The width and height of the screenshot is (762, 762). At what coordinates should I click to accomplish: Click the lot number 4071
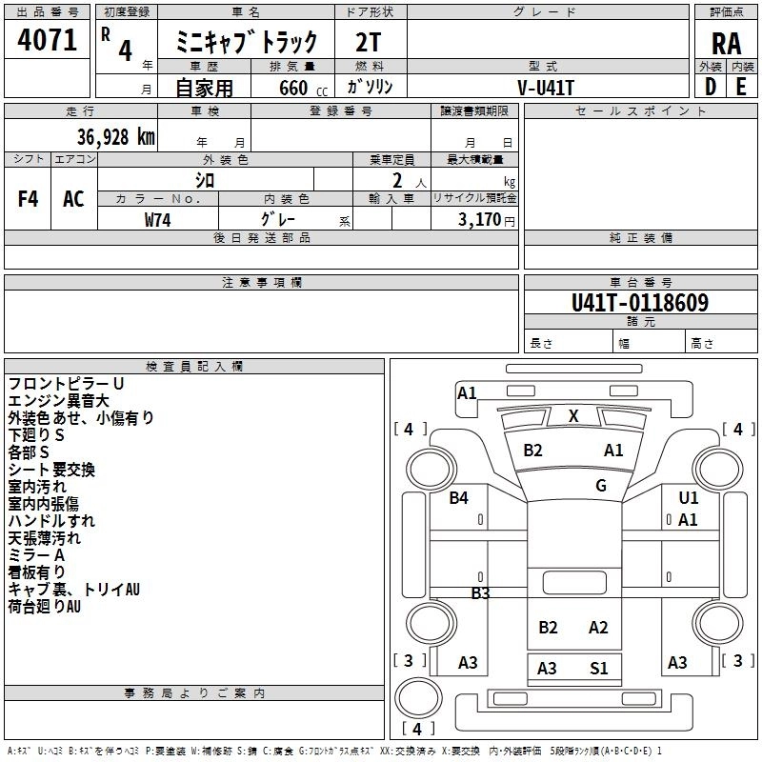[47, 40]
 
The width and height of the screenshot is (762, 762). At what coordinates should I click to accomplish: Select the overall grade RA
[727, 44]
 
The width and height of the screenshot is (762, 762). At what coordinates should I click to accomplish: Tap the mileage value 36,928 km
[115, 137]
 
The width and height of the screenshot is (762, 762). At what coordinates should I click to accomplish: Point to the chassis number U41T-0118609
[640, 303]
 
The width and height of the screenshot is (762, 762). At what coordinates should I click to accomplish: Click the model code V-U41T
[546, 88]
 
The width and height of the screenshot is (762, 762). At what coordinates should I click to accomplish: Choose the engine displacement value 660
[293, 88]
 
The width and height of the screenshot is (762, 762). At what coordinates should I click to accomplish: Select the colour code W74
[157, 220]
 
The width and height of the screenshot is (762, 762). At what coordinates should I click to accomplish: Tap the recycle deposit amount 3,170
[479, 220]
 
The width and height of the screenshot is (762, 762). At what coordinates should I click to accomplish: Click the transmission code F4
[28, 199]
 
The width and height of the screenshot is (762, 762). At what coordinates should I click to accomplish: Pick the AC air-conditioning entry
[74, 199]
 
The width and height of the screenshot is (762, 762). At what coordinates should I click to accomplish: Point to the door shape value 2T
[368, 42]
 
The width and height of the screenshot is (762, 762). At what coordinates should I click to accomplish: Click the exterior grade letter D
[711, 87]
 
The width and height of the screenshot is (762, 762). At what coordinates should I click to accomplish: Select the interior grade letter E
[741, 87]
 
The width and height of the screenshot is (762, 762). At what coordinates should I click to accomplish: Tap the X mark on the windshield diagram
[573, 416]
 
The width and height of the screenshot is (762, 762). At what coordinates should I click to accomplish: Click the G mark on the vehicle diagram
[601, 485]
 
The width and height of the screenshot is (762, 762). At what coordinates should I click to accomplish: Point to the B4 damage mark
[458, 497]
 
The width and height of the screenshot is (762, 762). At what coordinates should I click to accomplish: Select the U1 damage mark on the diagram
[688, 497]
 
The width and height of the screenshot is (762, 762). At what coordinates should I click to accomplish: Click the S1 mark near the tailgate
[599, 669]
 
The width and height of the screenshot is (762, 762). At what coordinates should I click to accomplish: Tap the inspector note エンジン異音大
[58, 401]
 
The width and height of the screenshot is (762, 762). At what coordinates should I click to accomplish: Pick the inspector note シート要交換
[51, 470]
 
